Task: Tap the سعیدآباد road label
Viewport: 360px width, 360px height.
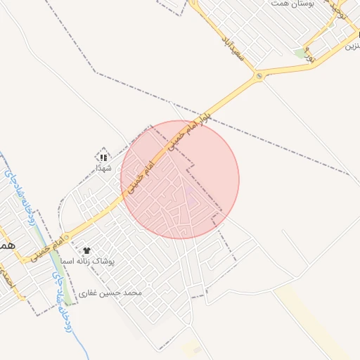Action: [232, 46]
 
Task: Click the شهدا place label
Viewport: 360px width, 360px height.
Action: [104, 169]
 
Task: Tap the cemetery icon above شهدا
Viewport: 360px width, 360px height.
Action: [103, 157]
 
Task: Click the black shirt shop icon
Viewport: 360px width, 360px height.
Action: [86, 250]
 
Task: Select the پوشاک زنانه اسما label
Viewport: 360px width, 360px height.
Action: [116, 261]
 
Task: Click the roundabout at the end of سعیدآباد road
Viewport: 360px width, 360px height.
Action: [260, 75]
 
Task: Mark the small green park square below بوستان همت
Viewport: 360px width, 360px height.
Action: [301, 53]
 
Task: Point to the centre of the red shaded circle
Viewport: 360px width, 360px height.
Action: [180, 180]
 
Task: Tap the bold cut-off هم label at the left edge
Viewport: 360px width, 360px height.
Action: [6, 246]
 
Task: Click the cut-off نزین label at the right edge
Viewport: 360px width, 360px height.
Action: [352, 46]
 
